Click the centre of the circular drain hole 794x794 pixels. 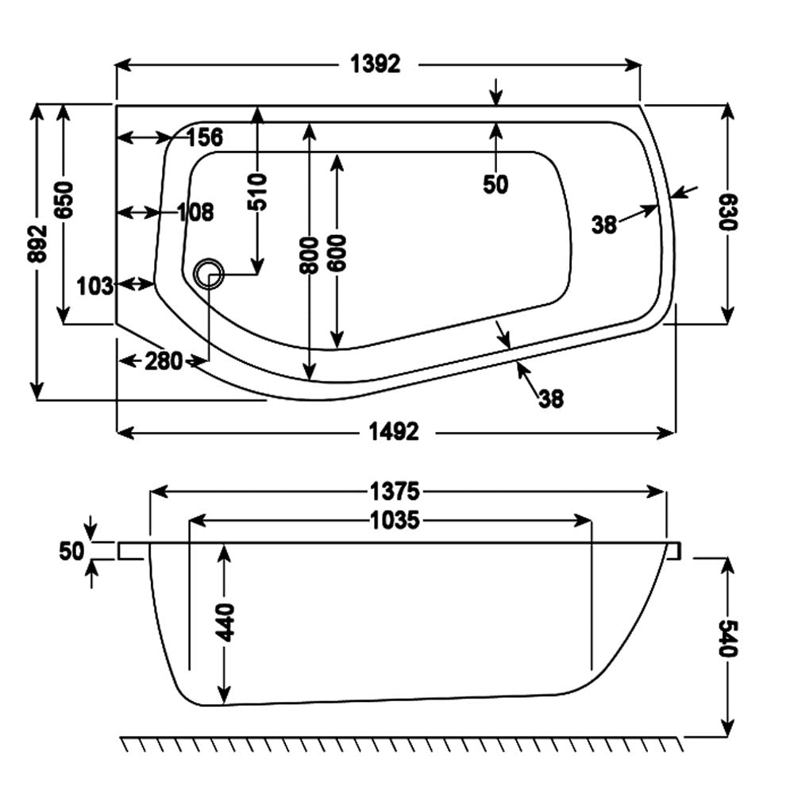pos(208,274)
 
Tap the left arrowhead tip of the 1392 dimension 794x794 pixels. pos(117,65)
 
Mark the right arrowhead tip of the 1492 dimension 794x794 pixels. pos(675,433)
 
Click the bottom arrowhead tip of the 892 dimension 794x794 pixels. pos(37,399)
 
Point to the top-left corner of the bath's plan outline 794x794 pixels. pos(117,106)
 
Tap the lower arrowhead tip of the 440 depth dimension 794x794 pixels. pos(223,703)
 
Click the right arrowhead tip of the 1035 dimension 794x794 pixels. pos(592,520)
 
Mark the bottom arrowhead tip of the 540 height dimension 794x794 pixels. pos(727,736)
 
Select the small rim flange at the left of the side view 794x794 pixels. pos(133,551)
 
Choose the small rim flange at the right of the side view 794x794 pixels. pos(673,551)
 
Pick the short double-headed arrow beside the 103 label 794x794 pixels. pos(136,283)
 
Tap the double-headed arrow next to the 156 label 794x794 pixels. pos(143,137)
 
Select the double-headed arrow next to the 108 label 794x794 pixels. pos(137,213)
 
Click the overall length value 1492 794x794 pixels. pos(394,433)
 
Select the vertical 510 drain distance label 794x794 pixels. pos(258,191)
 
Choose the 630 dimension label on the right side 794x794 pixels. pos(727,212)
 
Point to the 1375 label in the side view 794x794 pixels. pos(395,491)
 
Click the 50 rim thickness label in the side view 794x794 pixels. pos(71,551)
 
